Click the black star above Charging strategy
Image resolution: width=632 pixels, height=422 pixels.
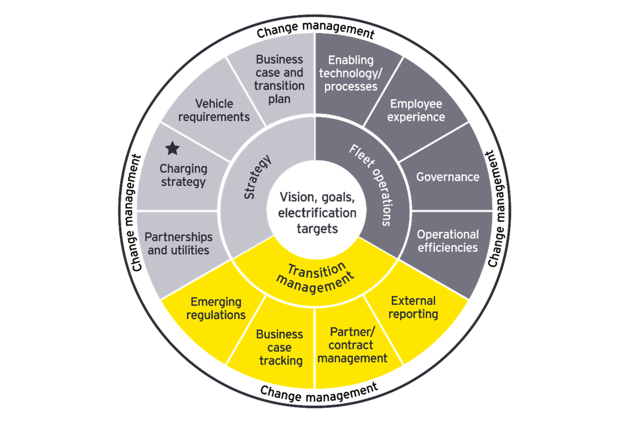tap(172, 149)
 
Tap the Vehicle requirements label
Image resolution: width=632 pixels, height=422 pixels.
tap(214, 110)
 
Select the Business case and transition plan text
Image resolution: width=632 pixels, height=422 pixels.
tap(279, 79)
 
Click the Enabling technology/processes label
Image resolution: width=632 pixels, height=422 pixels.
tap(351, 73)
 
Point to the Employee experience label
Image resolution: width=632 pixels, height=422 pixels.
tap(416, 110)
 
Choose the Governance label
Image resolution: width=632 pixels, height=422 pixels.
tap(448, 177)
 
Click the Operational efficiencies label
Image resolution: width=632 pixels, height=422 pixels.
tap(448, 241)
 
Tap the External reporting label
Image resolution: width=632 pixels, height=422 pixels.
tap(413, 307)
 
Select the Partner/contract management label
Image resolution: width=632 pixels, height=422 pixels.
tap(352, 345)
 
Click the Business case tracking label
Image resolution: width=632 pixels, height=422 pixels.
tap(280, 348)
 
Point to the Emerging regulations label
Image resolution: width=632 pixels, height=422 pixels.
tap(216, 308)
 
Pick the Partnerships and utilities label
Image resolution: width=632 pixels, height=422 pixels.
tap(178, 243)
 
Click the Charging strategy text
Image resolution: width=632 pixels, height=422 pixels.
tap(183, 175)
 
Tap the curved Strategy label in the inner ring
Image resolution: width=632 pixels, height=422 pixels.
tap(257, 177)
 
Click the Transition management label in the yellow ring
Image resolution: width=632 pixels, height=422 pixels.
tap(315, 277)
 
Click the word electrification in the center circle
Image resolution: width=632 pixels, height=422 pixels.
tap(317, 213)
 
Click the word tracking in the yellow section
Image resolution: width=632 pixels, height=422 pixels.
tap(281, 361)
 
